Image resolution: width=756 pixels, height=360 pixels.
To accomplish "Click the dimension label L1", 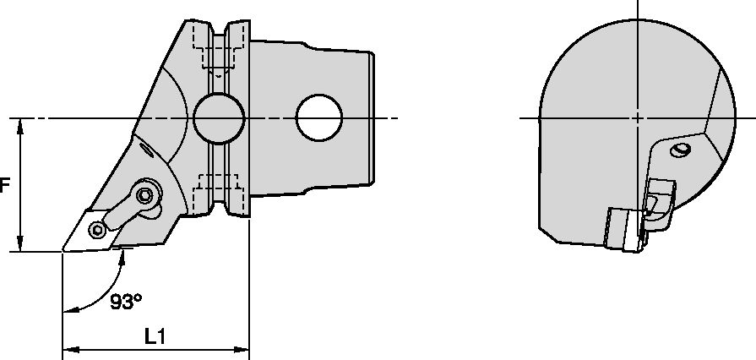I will [155, 335].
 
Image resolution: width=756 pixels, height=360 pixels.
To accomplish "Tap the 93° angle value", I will [126, 302].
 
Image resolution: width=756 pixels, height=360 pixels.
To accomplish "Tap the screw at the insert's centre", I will [99, 230].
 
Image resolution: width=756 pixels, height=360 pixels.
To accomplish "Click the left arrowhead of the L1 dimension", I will [68, 347].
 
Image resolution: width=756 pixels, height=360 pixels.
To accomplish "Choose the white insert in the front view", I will [621, 227].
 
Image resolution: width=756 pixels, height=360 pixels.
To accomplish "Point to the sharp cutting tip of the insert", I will [63, 250].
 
